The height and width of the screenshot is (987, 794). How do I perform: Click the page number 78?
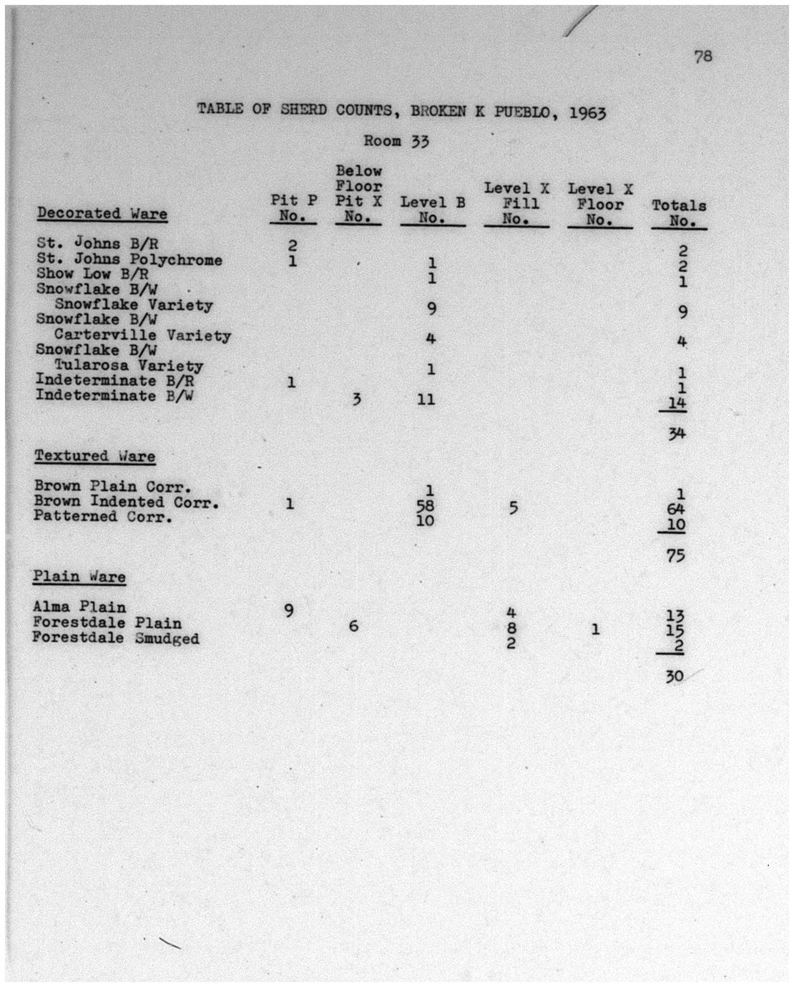tap(702, 57)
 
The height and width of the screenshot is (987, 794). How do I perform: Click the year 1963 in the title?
tap(588, 112)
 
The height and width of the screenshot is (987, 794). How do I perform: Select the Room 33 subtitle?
tap(396, 141)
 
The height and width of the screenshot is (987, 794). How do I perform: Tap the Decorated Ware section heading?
tap(102, 213)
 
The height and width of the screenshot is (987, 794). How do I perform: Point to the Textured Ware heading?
tap(94, 456)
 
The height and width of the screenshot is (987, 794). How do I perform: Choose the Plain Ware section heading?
tap(79, 577)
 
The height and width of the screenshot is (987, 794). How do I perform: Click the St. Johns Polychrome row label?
tap(129, 259)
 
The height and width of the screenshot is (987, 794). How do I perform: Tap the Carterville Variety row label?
tap(142, 335)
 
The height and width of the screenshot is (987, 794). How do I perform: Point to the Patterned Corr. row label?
tap(103, 516)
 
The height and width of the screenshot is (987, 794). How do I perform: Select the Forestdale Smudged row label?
tap(115, 638)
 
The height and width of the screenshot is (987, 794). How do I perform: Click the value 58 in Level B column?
tap(426, 505)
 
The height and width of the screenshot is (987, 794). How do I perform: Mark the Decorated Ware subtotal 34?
tap(677, 433)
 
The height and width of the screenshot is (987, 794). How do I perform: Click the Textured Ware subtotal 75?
tap(675, 555)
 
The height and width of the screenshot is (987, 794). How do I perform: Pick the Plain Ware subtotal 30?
tap(675, 676)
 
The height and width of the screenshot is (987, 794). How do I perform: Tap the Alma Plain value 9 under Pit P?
tap(288, 610)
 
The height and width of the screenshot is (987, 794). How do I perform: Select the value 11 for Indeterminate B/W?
tap(426, 399)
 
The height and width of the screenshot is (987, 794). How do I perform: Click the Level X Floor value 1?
tap(595, 629)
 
